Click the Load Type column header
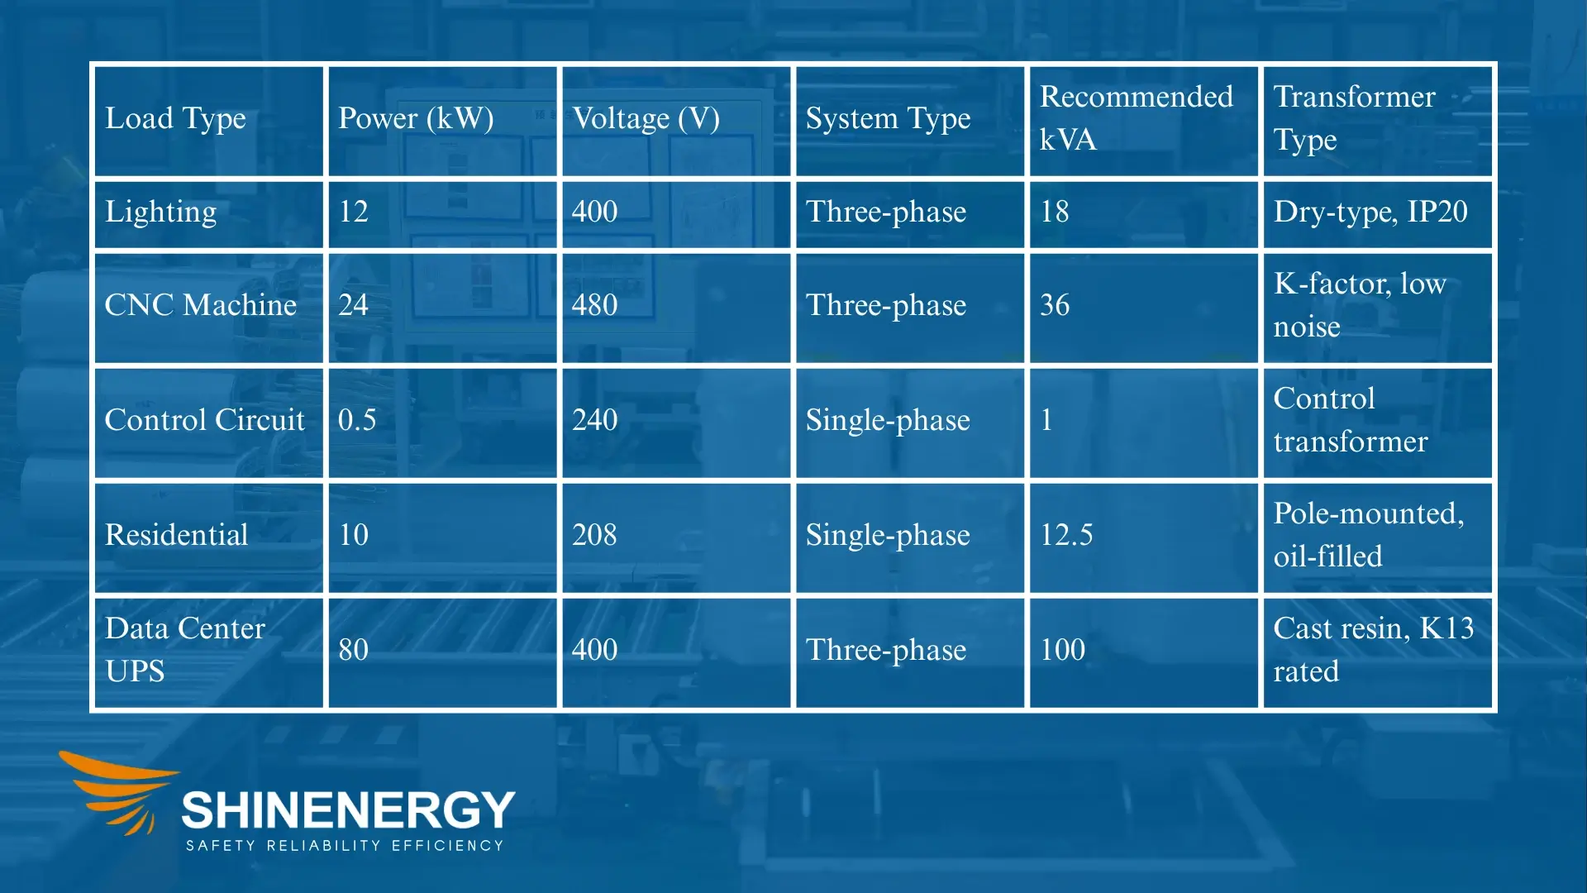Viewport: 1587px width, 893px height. [x=175, y=118]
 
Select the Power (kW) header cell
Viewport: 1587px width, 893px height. [x=416, y=118]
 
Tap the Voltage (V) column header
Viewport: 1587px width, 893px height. [x=646, y=118]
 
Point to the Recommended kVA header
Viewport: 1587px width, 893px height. [x=1136, y=118]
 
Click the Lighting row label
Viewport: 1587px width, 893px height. [x=161, y=212]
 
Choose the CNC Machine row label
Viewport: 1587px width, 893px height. [x=201, y=305]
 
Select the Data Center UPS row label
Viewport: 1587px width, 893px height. [x=185, y=650]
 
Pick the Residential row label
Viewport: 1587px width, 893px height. [x=177, y=535]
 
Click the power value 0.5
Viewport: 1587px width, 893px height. [x=357, y=420]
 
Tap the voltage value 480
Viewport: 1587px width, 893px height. [x=594, y=305]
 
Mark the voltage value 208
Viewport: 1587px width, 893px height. [x=594, y=535]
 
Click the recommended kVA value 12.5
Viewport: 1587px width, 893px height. [x=1066, y=535]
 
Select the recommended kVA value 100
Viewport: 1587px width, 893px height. [x=1062, y=650]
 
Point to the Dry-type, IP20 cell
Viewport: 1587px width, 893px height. [x=1370, y=212]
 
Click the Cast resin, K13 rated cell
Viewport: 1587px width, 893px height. [x=1373, y=650]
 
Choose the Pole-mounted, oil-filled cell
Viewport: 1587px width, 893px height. [x=1369, y=535]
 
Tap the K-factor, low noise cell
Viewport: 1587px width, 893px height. [x=1360, y=305]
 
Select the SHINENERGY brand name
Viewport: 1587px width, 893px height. [x=348, y=809]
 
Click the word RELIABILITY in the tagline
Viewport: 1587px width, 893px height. [x=323, y=846]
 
